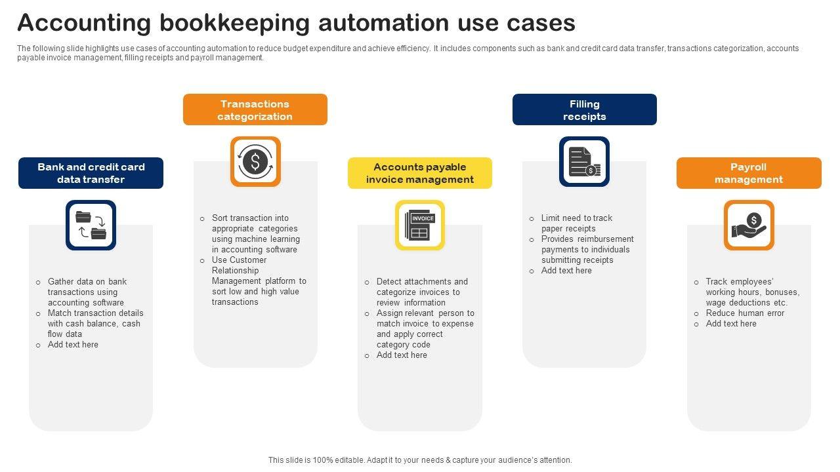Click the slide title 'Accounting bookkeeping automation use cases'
296,23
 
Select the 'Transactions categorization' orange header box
255,109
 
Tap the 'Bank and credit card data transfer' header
91,173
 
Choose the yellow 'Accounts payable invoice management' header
420,173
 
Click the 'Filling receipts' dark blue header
584,109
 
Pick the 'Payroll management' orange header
749,173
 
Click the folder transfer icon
91,225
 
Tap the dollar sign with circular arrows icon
255,161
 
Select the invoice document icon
420,225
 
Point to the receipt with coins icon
584,161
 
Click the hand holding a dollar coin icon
749,225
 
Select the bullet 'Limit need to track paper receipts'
576,223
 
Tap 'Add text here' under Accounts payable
402,355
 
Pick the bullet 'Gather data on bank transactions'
87,292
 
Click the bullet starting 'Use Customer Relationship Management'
259,281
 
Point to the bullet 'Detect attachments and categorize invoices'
422,292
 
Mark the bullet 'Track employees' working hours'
752,292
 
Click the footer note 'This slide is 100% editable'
420,460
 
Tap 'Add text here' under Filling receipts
566,271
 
